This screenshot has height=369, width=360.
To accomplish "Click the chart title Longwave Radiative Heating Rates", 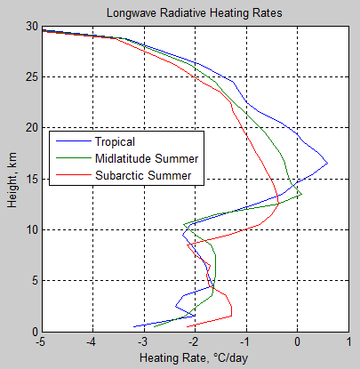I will tap(195, 14).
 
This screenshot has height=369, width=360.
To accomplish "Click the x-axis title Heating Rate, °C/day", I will tap(194, 358).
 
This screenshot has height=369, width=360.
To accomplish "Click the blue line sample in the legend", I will tap(71, 141).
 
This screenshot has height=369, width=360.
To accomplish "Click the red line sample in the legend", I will tap(71, 175).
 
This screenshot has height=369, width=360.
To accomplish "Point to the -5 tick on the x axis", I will tap(41, 341).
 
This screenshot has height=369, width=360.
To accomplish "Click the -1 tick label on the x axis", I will tap(245, 341).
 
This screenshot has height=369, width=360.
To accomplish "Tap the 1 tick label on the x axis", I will tap(348, 341).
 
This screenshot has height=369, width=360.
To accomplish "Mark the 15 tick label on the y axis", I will tap(29, 179).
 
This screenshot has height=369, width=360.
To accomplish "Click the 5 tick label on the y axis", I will tap(32, 281).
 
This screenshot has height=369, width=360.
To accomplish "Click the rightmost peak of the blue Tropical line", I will tap(328, 163).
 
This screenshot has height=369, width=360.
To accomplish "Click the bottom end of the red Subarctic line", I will tap(186, 326).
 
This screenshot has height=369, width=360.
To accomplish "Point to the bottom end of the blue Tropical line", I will tap(134, 326).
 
